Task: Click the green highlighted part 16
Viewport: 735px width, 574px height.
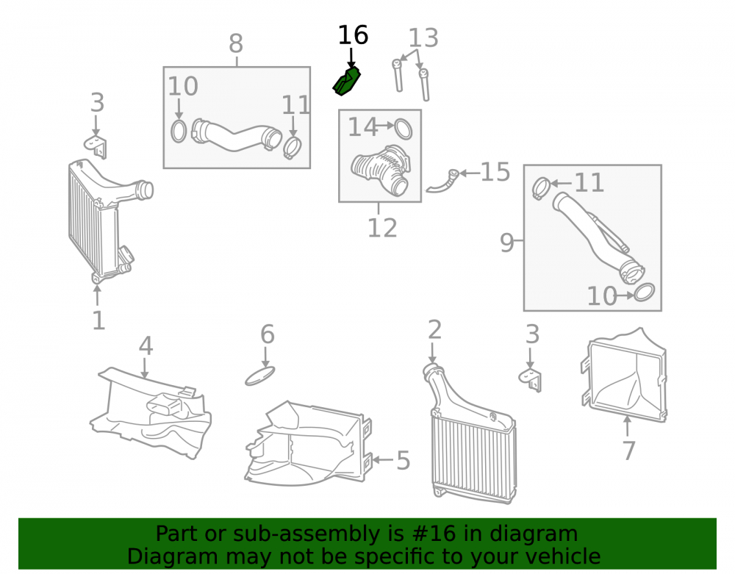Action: click(x=347, y=82)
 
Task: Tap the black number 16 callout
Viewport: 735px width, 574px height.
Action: click(x=353, y=35)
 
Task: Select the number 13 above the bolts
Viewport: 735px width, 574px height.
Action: click(x=423, y=38)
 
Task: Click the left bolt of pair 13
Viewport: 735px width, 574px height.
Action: click(x=398, y=75)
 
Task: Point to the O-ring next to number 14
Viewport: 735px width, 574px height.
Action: click(x=403, y=129)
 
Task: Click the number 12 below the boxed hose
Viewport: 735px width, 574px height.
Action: click(x=382, y=228)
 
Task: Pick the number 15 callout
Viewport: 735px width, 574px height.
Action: click(x=495, y=172)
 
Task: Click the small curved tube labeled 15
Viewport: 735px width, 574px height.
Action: click(x=442, y=182)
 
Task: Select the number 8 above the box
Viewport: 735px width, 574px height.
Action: click(x=236, y=44)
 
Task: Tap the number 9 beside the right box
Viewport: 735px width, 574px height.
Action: click(x=506, y=243)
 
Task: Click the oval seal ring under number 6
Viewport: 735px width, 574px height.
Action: click(x=259, y=376)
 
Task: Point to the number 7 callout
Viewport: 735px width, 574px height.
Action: click(x=628, y=451)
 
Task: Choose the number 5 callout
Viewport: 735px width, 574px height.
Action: click(x=403, y=460)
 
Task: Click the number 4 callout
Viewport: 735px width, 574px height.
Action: click(x=146, y=346)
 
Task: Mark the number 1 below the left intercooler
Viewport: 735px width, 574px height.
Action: click(x=98, y=321)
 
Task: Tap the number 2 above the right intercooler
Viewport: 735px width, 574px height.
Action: click(x=434, y=330)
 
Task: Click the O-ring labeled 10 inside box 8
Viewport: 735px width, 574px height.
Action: click(x=179, y=132)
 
